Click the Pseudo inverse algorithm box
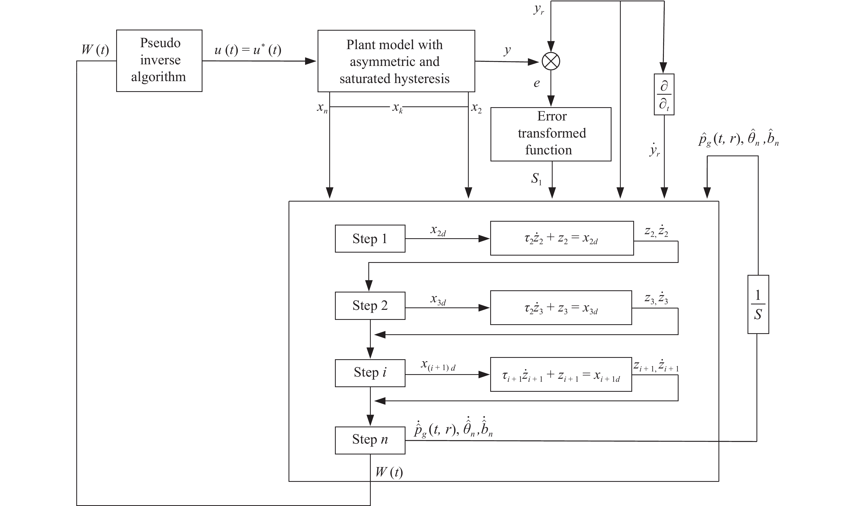coord(159,61)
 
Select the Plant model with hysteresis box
coord(396,61)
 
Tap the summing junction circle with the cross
coord(551,61)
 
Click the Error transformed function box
coord(550,134)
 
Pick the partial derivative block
coord(664,94)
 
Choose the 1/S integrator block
coord(758,304)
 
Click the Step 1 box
coord(370,239)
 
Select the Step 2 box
coord(370,305)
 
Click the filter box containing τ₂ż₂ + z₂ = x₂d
coord(561,238)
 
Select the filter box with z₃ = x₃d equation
coord(561,308)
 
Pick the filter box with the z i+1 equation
coord(561,375)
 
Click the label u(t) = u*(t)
coord(248,50)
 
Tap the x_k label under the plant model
coord(397,108)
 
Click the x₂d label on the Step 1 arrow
coord(438,231)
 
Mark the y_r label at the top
coord(539,9)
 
